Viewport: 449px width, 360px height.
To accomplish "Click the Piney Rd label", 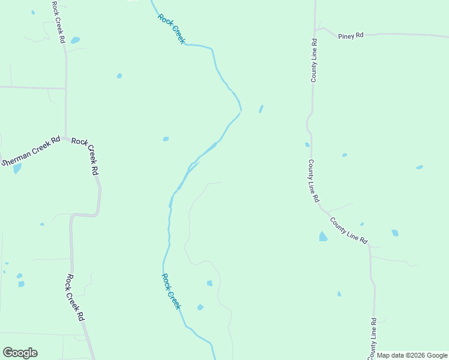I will [351, 35].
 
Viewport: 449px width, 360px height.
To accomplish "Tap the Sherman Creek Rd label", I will [31, 151].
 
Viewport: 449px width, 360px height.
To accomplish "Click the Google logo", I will [20, 353].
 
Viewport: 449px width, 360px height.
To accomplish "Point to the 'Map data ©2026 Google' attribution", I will [412, 356].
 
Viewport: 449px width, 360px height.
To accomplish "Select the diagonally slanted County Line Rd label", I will [349, 229].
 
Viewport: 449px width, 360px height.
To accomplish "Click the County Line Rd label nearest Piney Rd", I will [313, 60].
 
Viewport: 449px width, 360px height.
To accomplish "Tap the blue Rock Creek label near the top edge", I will [172, 28].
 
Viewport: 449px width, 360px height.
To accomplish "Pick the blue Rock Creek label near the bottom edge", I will [171, 291].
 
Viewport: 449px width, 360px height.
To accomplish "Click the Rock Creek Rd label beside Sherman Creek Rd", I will [85, 156].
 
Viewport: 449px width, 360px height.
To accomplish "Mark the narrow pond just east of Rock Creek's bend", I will [261, 109].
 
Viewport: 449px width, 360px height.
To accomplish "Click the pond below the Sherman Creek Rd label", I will [17, 169].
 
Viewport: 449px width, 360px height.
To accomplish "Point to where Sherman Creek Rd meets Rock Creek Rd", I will [64, 138].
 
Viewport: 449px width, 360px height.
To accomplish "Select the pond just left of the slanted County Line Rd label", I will [323, 236].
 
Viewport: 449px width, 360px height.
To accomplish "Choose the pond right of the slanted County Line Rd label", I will [395, 233].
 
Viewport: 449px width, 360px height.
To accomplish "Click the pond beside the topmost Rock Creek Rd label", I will [75, 41].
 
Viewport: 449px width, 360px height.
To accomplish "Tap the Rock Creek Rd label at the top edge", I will [58, 22].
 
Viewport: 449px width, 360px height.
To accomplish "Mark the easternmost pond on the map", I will [420, 167].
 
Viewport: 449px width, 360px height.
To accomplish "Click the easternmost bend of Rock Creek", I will [241, 109].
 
